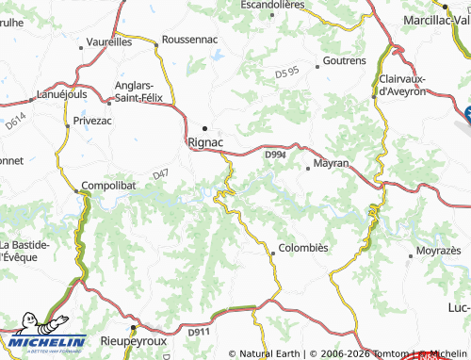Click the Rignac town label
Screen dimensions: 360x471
tap(206, 142)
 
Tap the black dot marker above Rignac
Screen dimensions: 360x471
tap(205, 128)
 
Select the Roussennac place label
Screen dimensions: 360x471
tap(190, 40)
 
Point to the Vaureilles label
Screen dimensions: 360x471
tap(108, 42)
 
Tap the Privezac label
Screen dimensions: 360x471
tap(93, 122)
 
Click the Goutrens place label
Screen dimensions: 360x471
tap(344, 60)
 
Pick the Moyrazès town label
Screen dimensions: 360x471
tap(438, 254)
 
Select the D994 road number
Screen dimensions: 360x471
tap(275, 155)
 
